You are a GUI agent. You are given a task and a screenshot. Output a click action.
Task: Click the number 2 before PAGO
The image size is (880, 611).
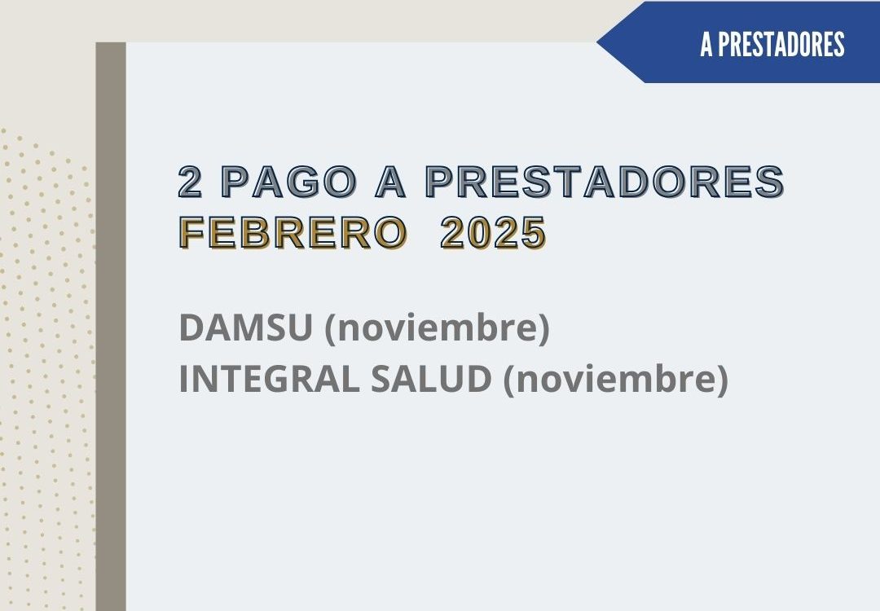click(x=190, y=182)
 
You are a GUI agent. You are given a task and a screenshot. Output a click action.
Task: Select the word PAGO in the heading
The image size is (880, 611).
click(x=289, y=182)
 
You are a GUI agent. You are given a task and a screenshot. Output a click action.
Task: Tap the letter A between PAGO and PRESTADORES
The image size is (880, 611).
click(x=390, y=182)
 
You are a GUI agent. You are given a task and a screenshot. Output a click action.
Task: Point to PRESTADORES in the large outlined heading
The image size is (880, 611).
click(x=605, y=182)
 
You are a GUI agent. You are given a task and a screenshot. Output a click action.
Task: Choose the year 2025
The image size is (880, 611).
click(x=493, y=232)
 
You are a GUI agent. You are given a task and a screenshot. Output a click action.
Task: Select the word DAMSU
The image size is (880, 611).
click(x=245, y=327)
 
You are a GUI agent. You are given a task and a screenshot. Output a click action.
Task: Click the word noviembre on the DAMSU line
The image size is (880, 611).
click(x=438, y=327)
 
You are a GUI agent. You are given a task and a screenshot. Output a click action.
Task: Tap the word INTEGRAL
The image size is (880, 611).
click(x=269, y=379)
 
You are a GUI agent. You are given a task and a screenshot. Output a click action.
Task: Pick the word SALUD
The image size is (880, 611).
click(x=431, y=379)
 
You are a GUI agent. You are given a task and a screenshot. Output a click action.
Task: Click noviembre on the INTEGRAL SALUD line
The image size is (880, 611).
click(x=616, y=379)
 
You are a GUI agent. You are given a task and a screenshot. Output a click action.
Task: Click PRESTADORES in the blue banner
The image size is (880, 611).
click(x=781, y=44)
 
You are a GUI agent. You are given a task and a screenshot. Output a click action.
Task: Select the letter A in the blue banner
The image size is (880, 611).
click(x=706, y=44)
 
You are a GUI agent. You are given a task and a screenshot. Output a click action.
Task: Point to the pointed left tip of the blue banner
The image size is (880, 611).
click(x=597, y=42)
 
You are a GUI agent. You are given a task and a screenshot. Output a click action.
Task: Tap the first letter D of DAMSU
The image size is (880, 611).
click(x=191, y=327)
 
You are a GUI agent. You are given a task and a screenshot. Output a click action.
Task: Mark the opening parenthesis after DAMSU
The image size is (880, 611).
click(x=331, y=328)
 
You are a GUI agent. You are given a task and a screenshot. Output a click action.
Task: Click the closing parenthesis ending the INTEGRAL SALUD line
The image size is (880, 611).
click(x=723, y=380)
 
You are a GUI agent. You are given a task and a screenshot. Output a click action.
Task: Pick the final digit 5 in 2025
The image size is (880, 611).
click(x=534, y=232)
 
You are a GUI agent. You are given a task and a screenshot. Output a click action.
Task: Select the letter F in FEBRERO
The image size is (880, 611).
click(x=191, y=232)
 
